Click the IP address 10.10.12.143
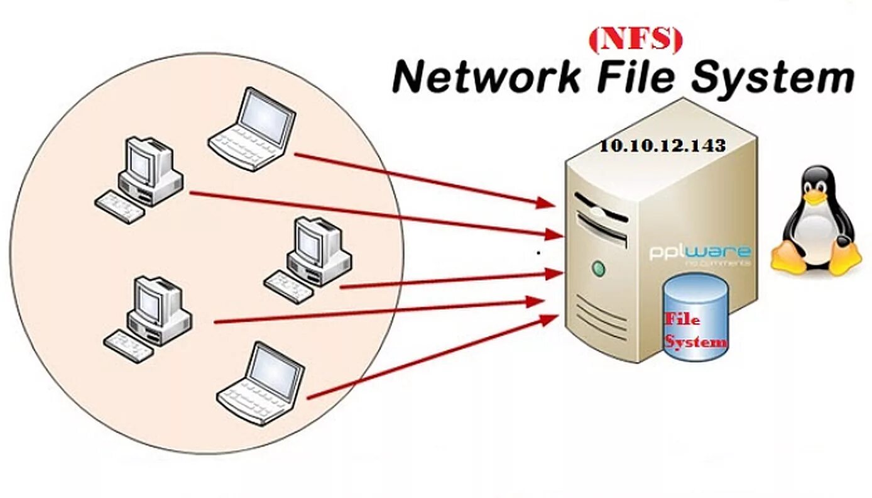662,146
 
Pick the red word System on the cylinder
695,342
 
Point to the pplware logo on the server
699,253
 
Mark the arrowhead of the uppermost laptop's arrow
546,202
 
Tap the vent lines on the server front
601,314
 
